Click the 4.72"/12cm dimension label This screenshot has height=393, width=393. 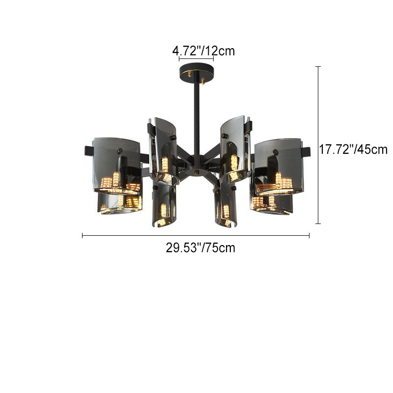(203, 51)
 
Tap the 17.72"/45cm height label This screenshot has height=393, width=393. (353, 150)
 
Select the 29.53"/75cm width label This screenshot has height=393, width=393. (200, 248)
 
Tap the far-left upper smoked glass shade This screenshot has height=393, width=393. (116, 166)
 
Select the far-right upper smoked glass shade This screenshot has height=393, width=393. (279, 167)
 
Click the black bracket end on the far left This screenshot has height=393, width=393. (89, 151)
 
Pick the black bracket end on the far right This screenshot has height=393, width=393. (306, 152)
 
